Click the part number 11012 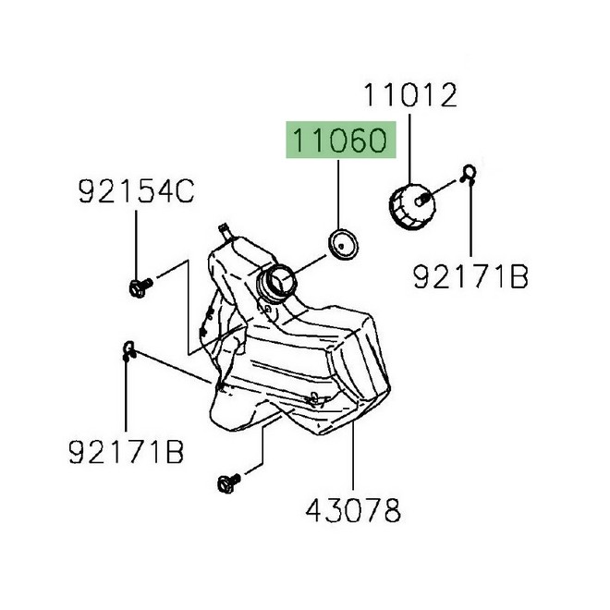point(410,94)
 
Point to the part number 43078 point(354,508)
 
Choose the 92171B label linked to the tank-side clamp point(126,452)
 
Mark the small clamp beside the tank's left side point(129,348)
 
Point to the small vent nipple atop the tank point(223,228)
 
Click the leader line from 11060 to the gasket point(340,194)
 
